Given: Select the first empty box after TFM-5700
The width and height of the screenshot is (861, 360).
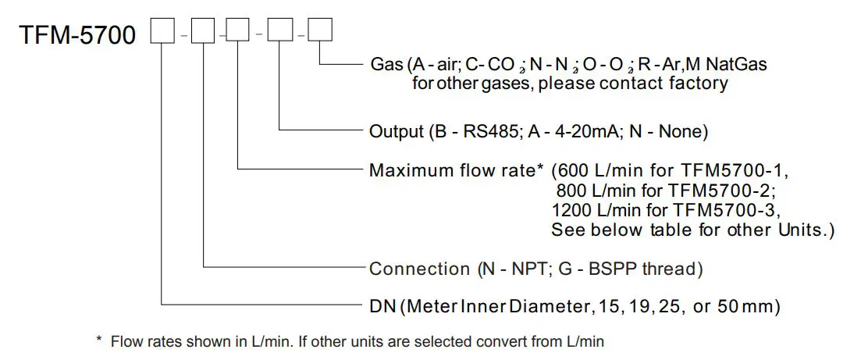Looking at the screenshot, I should point(162,31).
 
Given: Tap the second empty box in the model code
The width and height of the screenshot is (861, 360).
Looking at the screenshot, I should point(202,31).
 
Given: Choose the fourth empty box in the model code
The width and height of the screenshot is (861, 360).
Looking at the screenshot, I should point(279,31).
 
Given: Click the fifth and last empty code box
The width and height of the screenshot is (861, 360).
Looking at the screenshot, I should point(320,31).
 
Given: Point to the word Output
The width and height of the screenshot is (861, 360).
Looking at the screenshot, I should point(395,130).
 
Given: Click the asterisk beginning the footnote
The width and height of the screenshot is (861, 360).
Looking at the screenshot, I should point(99,341).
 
